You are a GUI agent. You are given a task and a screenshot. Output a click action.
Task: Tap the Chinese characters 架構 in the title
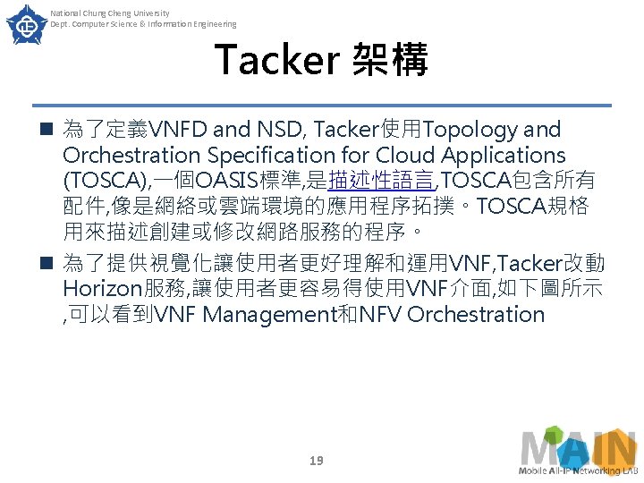coord(391,60)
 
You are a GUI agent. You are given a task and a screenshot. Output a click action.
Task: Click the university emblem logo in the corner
coord(25,25)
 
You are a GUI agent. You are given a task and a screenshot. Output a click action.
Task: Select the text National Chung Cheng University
coord(109,13)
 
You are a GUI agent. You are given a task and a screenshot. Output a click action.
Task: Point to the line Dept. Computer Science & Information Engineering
coord(143,24)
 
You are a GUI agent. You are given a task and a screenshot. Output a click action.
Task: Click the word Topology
coord(473,131)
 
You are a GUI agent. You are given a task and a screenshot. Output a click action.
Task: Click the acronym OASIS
coord(234,182)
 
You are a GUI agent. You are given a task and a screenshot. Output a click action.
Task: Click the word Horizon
coord(103,289)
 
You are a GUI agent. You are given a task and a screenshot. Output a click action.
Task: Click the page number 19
coord(316,461)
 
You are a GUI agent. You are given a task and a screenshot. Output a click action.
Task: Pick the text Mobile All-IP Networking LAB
coord(577,470)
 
